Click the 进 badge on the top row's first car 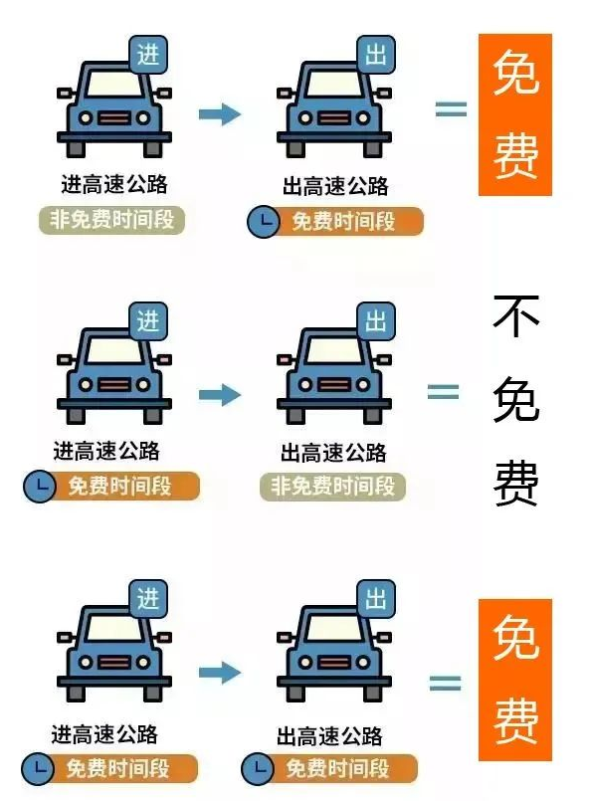(x=148, y=55)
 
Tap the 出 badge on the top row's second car (x=376, y=55)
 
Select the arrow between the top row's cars (x=220, y=113)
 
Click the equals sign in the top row (x=451, y=108)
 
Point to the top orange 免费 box (x=515, y=114)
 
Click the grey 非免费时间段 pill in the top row (x=111, y=220)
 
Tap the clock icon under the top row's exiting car (x=264, y=222)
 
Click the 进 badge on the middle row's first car (x=148, y=321)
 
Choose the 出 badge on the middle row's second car (x=376, y=321)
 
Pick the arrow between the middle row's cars (x=220, y=394)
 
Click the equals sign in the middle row (x=443, y=392)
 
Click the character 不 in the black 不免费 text (x=516, y=315)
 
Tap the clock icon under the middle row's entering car (x=40, y=486)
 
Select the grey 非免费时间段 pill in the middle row (x=332, y=487)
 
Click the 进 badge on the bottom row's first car (x=148, y=599)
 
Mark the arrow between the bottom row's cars (x=220, y=673)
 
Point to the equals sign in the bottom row (x=445, y=683)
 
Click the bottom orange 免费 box (x=515, y=680)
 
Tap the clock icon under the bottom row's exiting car (x=258, y=769)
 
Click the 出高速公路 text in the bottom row (x=329, y=736)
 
